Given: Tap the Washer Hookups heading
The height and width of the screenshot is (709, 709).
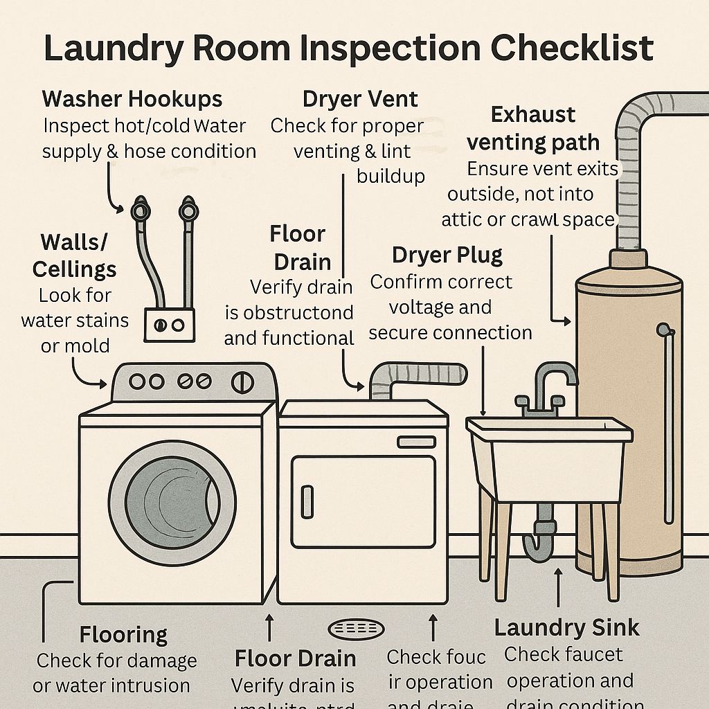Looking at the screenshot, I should pyautogui.click(x=132, y=98).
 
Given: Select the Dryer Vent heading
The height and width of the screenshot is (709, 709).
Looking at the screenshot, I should pyautogui.click(x=360, y=99).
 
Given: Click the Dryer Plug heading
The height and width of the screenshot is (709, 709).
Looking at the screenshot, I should pyautogui.click(x=447, y=255).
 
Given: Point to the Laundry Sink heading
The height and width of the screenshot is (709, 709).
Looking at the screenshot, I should pyautogui.click(x=566, y=627).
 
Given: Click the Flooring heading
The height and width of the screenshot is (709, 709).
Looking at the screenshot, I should pyautogui.click(x=123, y=634).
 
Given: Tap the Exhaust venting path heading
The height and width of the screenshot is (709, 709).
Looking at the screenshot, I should pyautogui.click(x=532, y=128).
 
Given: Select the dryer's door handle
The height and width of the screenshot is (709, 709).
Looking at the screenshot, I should pyautogui.click(x=306, y=502).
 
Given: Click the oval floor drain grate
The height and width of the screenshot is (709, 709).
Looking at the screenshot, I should pyautogui.click(x=355, y=629).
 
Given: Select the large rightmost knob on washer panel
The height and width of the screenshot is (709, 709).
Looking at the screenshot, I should pyautogui.click(x=242, y=382).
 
